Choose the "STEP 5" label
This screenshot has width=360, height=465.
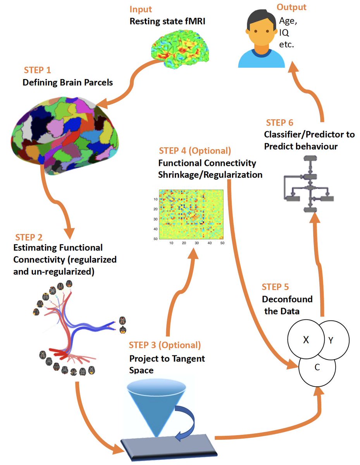click(x=275, y=287)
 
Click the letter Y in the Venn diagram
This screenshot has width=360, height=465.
click(x=331, y=340)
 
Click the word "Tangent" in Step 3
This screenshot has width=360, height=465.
click(x=188, y=358)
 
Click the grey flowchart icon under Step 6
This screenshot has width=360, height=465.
click(x=308, y=184)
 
